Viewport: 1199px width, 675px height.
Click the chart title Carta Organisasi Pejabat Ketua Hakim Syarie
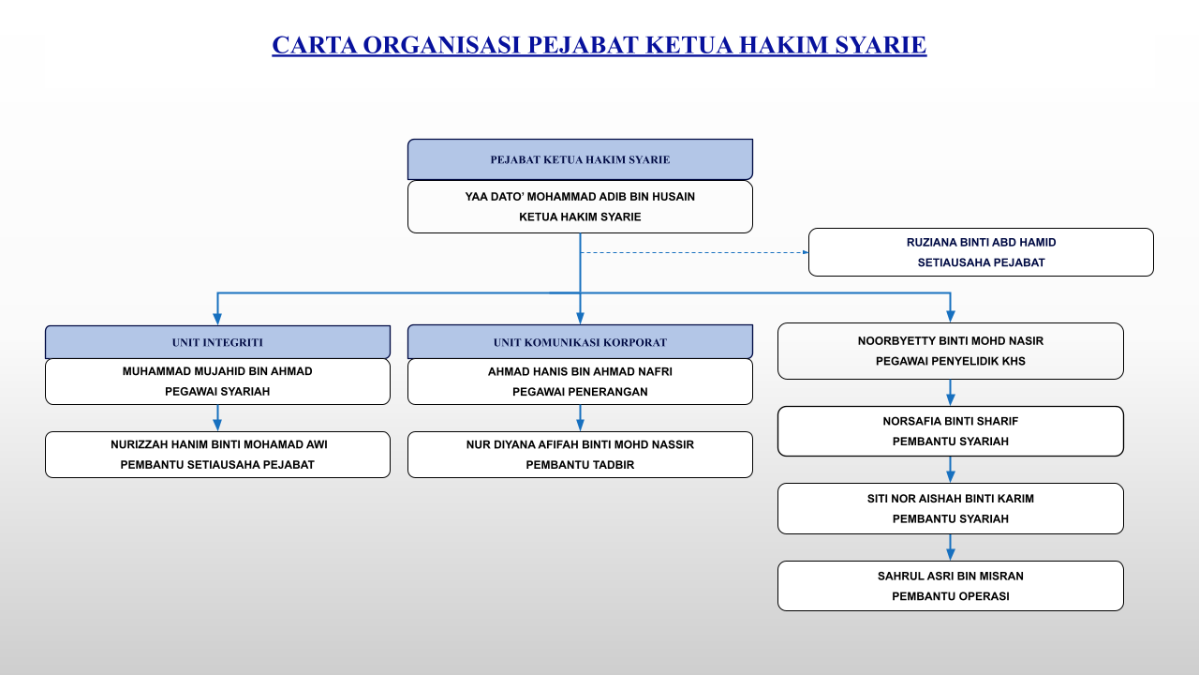(x=599, y=45)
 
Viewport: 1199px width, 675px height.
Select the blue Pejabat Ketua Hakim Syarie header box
(x=580, y=159)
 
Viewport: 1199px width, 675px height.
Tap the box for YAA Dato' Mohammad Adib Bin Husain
(x=580, y=206)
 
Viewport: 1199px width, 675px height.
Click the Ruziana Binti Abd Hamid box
(x=981, y=252)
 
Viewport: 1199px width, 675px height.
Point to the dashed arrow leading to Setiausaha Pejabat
(x=693, y=252)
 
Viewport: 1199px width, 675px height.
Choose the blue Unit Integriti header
(x=217, y=342)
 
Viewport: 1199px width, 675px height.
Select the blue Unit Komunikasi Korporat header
(x=580, y=342)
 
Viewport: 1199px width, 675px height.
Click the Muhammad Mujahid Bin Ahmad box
(x=217, y=382)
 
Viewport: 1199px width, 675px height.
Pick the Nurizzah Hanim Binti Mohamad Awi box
(x=217, y=455)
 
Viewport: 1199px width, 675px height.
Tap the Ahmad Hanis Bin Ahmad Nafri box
(x=580, y=382)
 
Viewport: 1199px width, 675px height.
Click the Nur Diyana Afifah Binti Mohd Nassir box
(x=580, y=455)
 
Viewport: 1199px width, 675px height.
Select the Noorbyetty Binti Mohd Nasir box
(x=950, y=351)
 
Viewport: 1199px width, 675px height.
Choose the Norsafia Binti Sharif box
(x=950, y=431)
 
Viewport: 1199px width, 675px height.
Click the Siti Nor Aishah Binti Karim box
(x=950, y=508)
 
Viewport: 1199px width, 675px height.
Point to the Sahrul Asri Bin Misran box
(x=950, y=586)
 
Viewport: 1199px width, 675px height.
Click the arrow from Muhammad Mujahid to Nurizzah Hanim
(x=217, y=418)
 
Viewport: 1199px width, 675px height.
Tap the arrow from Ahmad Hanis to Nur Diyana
(x=580, y=418)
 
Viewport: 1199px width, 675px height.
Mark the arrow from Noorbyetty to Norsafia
(x=950, y=393)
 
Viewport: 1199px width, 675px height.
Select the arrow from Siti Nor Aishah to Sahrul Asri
(x=950, y=547)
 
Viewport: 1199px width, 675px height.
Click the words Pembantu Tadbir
(x=580, y=465)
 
